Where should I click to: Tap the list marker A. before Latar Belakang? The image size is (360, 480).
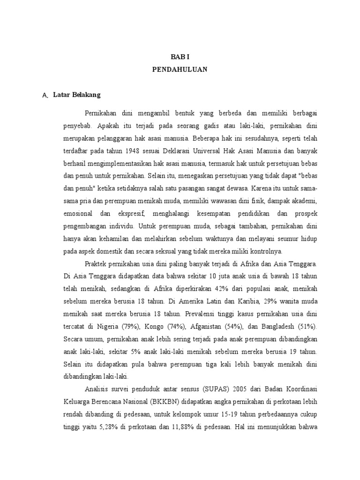(45, 95)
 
